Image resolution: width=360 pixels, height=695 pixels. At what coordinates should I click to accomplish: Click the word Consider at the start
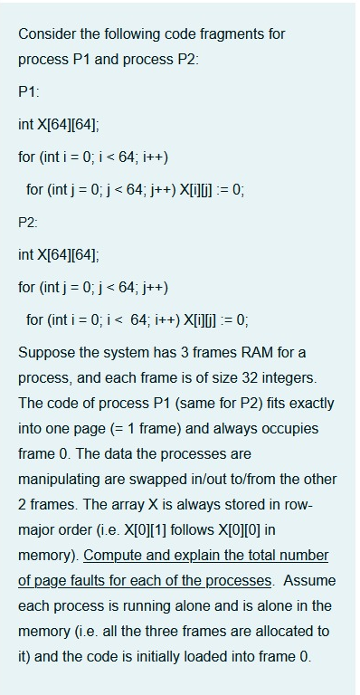click(x=46, y=34)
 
